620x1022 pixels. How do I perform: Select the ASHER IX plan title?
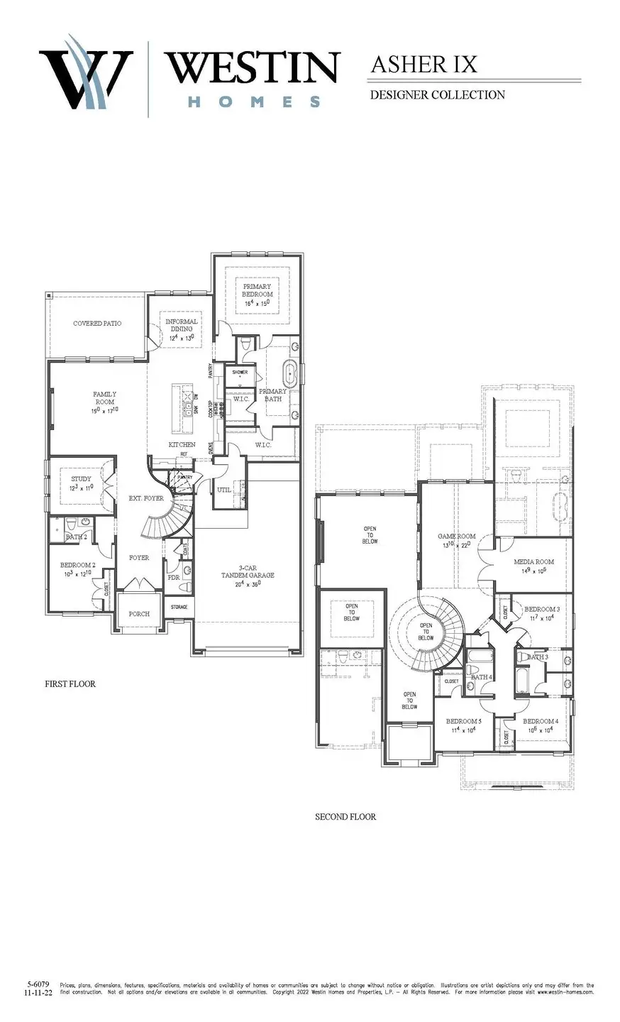tap(424, 65)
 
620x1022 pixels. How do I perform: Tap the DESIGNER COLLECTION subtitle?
tap(437, 94)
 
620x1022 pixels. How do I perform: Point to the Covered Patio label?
tap(97, 324)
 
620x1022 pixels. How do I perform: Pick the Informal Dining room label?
tap(182, 326)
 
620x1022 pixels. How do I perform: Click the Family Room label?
tap(104, 398)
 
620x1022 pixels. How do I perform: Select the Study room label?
tap(81, 479)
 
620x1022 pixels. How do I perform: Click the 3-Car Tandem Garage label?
tap(247, 571)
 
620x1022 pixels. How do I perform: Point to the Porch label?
tap(139, 614)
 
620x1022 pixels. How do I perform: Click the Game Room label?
tap(456, 537)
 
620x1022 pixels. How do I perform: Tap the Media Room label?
tap(533, 562)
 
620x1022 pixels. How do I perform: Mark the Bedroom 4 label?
tap(541, 721)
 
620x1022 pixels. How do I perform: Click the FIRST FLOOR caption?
tap(70, 684)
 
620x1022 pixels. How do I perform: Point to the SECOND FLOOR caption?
tap(345, 817)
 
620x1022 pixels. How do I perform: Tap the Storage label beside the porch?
tap(179, 608)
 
